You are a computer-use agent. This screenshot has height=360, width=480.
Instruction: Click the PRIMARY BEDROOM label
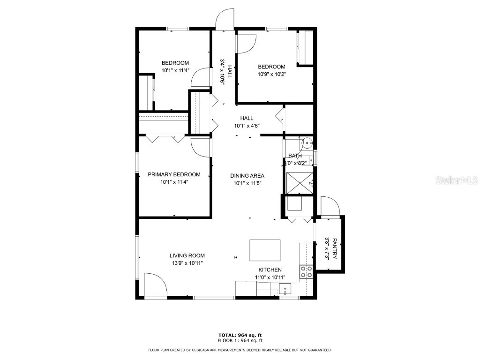(174, 174)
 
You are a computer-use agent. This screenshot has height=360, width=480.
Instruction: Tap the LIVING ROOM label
(187, 255)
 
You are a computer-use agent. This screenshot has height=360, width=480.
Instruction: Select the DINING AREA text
(247, 176)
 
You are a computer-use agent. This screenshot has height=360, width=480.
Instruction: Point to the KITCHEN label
(270, 270)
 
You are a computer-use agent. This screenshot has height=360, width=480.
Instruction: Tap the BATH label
(295, 156)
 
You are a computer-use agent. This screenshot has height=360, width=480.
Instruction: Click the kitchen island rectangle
(265, 250)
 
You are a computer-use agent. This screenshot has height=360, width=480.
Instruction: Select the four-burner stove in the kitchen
(306, 272)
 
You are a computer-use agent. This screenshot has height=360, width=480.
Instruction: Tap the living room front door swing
(154, 285)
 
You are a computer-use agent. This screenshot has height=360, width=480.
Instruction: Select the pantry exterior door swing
(330, 206)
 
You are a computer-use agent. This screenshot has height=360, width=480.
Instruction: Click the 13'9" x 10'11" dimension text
(187, 263)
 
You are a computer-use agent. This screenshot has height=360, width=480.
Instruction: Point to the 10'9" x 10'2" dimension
(271, 74)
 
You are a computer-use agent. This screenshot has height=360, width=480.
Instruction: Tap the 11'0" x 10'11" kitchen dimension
(270, 277)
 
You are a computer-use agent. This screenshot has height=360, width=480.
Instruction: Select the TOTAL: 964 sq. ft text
(240, 335)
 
